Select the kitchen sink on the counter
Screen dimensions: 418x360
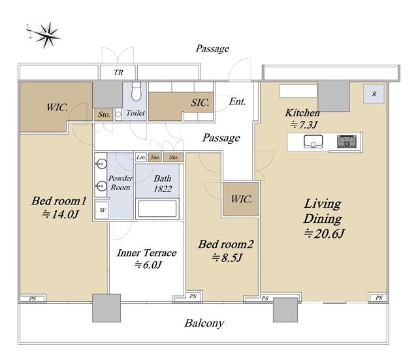(x=313, y=141)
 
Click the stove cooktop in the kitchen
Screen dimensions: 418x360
(x=347, y=141)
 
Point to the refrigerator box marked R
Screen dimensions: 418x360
(x=374, y=94)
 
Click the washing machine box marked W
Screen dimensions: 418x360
(x=102, y=210)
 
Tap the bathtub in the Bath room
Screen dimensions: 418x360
(x=157, y=208)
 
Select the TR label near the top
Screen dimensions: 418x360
(x=118, y=73)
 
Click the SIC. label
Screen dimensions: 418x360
(x=200, y=103)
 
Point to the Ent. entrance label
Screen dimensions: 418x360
(x=237, y=101)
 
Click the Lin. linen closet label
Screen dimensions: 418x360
(x=141, y=157)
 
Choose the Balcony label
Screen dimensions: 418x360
(x=204, y=323)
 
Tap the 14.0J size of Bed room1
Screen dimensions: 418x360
(x=61, y=214)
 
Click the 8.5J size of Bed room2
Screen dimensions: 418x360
(x=227, y=257)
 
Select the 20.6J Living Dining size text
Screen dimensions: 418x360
(x=325, y=234)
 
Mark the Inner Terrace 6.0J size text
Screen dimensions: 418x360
(x=148, y=265)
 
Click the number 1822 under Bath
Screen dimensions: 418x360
(x=163, y=189)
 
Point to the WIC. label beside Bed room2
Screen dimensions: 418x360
(x=242, y=199)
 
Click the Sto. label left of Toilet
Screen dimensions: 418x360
(x=104, y=115)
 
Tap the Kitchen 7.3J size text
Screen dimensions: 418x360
(x=304, y=125)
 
